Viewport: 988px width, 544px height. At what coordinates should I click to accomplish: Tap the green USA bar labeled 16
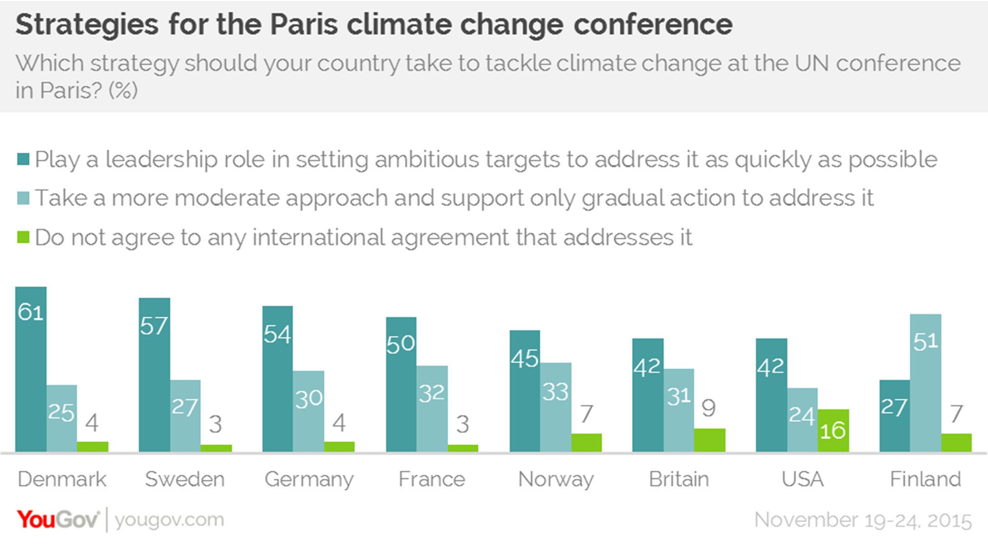click(833, 430)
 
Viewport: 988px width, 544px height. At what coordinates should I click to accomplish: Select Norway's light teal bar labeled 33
click(556, 407)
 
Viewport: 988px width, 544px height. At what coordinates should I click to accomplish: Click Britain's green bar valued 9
click(710, 440)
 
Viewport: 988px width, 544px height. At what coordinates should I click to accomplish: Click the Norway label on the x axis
click(556, 479)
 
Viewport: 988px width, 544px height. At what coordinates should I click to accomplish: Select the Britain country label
click(679, 479)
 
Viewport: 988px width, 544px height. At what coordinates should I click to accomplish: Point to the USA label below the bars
click(802, 479)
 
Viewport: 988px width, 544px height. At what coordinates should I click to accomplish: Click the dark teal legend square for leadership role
click(23, 159)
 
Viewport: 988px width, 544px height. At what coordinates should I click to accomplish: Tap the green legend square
click(23, 237)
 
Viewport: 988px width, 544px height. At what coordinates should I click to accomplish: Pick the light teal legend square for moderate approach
click(23, 198)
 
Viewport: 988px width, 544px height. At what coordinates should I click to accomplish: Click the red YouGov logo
click(58, 520)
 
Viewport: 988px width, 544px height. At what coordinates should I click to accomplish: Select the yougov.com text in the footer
click(169, 520)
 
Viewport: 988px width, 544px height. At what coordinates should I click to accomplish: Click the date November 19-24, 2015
click(863, 520)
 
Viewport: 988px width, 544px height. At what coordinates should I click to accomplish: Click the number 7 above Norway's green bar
click(586, 414)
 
